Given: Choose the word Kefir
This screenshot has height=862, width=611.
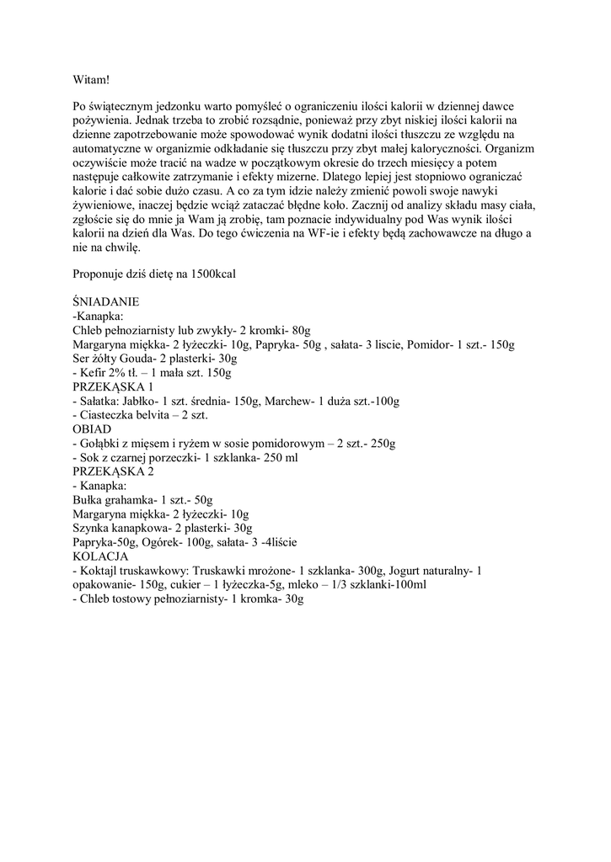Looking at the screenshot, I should coord(94,372).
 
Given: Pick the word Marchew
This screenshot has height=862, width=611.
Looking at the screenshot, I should coord(288,401).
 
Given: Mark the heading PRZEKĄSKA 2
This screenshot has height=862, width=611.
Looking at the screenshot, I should coord(113,471).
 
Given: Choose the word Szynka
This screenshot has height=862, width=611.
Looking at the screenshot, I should coord(92,529).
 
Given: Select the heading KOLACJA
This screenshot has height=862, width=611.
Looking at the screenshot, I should coord(99,556).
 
